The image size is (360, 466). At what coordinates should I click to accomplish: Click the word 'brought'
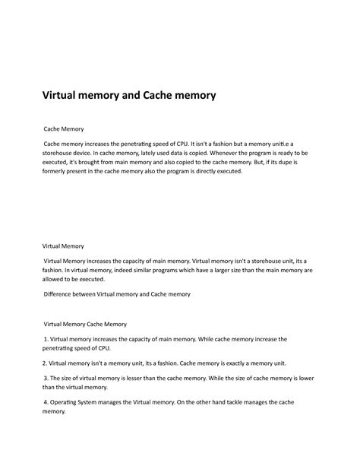point(84,162)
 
